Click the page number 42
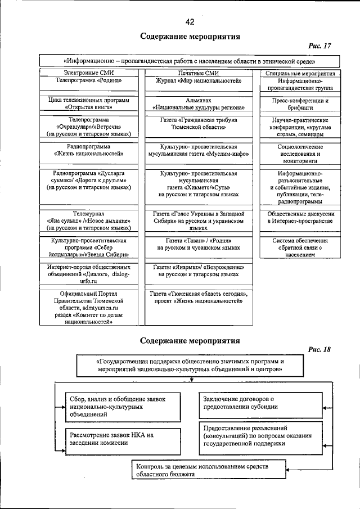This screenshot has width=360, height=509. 190,21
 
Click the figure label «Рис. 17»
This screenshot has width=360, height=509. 319,46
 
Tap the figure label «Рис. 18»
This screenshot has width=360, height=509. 319,349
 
